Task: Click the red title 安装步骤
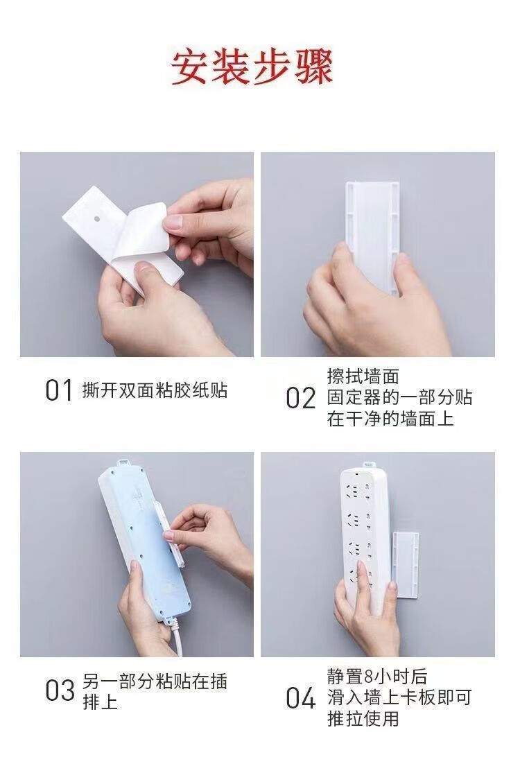(x=252, y=68)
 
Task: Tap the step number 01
(x=59, y=390)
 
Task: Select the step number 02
(x=300, y=399)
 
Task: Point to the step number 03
(x=60, y=690)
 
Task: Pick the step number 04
(x=300, y=698)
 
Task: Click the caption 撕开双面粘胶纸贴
(x=155, y=390)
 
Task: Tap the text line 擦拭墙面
(x=363, y=376)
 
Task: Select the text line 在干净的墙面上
(x=390, y=418)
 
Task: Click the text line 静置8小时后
(x=377, y=677)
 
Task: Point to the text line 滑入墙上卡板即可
(x=399, y=697)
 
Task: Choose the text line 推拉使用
(x=363, y=718)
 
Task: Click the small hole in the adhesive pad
(x=97, y=218)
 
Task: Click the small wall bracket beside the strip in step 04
(x=405, y=566)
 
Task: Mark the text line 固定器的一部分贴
(x=399, y=397)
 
